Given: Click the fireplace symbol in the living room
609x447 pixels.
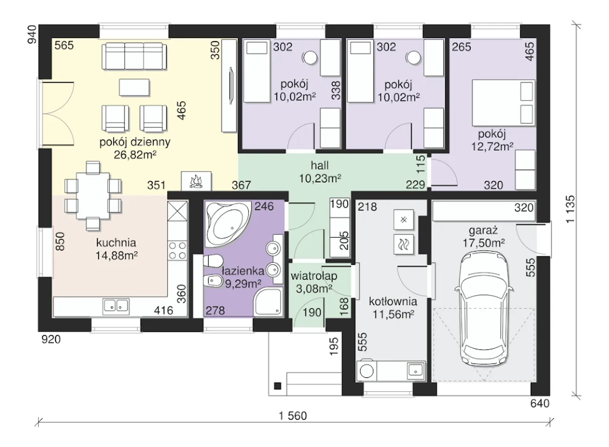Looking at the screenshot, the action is click(196, 181).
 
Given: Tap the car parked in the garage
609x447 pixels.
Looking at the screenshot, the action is click(484, 309).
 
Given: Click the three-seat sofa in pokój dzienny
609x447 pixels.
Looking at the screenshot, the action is click(134, 57).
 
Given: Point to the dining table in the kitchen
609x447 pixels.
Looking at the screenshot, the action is click(93, 195).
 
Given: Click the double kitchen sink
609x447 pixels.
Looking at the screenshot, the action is click(116, 306).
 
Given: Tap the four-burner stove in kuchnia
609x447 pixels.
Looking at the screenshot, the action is click(177, 251).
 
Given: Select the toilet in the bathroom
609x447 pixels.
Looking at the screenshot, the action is click(213, 261).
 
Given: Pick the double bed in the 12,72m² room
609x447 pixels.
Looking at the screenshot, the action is click(503, 103).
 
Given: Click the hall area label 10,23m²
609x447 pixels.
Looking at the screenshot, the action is click(320, 178).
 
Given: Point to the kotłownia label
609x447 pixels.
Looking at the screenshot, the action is click(393, 301).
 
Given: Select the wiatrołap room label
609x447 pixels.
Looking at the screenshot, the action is click(314, 276).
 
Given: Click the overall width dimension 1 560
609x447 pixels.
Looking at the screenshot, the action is click(293, 416).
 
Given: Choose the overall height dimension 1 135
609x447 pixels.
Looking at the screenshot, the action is click(570, 209).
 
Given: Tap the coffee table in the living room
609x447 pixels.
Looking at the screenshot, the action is click(134, 87).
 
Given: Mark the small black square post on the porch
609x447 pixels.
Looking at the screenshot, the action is click(277, 386).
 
